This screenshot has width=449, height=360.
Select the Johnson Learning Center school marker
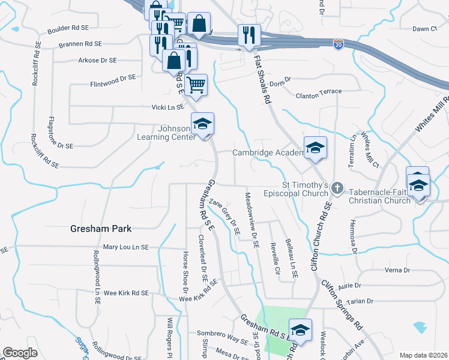click(202, 125)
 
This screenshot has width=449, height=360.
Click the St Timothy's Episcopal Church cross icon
click(337, 189)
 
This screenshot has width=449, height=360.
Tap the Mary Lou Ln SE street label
click(125, 247)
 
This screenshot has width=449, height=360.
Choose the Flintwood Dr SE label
click(113, 77)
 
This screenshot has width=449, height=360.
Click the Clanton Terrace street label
click(319, 92)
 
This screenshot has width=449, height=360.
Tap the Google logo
click(20, 353)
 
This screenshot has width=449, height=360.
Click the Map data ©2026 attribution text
click(423, 355)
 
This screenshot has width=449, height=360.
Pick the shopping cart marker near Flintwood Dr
click(196, 85)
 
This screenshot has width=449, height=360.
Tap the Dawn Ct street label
click(424, 29)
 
